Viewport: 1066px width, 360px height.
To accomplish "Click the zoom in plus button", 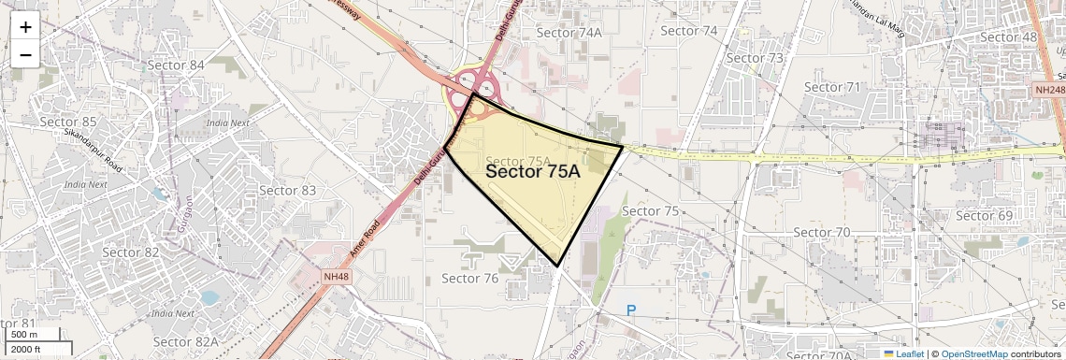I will [25, 27].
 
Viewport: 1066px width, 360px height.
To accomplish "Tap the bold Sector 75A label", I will [533, 172].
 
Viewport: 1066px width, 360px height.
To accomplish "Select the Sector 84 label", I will [176, 65].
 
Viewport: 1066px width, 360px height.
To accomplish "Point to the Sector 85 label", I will [68, 122].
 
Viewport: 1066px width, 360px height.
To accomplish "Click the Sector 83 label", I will [287, 191].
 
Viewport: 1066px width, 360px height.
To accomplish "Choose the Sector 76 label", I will [469, 278].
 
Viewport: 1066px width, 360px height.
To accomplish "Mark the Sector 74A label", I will [569, 33].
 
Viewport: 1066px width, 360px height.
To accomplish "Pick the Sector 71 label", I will [831, 87].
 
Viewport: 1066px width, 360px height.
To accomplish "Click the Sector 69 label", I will [985, 216].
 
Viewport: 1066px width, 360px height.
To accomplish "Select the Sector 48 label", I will [1009, 37].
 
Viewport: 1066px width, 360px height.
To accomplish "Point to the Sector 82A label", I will [187, 342].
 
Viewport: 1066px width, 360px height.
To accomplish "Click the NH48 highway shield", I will [335, 278].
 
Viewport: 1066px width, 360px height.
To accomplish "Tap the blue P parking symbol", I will [631, 310].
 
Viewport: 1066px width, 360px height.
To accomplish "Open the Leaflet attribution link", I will [902, 354].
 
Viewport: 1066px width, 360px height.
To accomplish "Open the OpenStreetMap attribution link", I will [973, 354].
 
